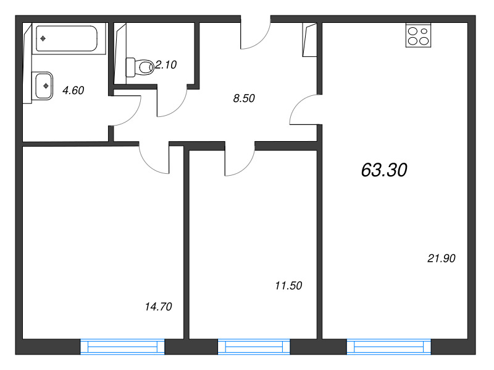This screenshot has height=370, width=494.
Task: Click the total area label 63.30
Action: click(384, 170)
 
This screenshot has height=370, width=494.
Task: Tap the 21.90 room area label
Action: click(442, 259)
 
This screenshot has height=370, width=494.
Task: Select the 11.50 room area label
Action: click(288, 286)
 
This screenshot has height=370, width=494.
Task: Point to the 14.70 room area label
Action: click(159, 306)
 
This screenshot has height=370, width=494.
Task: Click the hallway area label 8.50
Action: click(244, 98)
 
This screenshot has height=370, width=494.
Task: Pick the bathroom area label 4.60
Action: click(73, 90)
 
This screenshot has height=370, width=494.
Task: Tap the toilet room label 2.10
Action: click(166, 65)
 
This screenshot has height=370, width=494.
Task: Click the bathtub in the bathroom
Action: click(67, 38)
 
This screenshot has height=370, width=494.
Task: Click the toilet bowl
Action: click(140, 67)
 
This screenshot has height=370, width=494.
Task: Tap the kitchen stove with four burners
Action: click(419, 35)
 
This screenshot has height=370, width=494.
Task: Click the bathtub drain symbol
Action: click(43, 38)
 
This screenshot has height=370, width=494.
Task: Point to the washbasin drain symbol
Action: click(46, 86)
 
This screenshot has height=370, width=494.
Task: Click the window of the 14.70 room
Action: click(122, 346)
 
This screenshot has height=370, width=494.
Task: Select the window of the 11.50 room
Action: click(254, 346)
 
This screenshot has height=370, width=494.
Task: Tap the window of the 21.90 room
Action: click(389, 346)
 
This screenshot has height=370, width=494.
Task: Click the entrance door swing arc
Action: click(262, 40)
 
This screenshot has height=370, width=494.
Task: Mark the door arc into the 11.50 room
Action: click(246, 168)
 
